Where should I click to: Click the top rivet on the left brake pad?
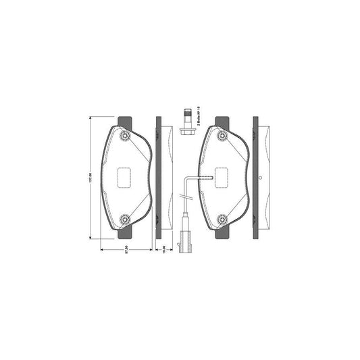click(124, 138)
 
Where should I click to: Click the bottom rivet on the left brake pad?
click(124, 219)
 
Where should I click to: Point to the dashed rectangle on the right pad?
click(223, 178)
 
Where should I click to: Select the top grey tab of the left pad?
click(124, 122)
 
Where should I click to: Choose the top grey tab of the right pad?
click(221, 122)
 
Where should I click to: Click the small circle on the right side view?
click(260, 178)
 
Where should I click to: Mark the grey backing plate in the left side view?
click(159, 178)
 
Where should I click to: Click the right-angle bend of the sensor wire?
click(186, 178)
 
